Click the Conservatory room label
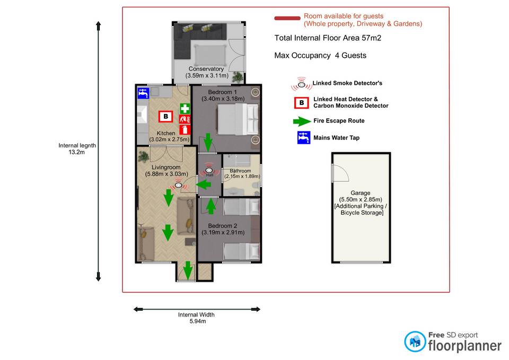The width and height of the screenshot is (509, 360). tap(207, 72)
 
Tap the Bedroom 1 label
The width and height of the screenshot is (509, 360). tap(223, 95)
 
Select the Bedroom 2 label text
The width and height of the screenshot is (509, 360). tap(223, 229)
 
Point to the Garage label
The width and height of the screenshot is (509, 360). tap(361, 203)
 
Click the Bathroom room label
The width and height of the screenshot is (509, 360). tap(242, 173)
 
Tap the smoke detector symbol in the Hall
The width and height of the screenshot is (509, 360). tap(209, 170)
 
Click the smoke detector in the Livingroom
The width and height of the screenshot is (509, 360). tap(178, 186)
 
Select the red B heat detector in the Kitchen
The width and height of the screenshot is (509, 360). tap(165, 117)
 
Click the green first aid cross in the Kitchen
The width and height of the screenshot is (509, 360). tap(185, 108)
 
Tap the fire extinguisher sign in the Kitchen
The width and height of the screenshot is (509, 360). tap(185, 130)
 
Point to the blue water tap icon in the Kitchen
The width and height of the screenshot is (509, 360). tap(143, 93)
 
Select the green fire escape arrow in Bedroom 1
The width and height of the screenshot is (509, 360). tap(208, 143)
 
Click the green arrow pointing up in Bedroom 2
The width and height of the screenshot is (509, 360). tap(211, 206)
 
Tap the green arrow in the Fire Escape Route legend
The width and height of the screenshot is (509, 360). tap(302, 121)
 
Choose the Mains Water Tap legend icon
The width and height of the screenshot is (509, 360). tap(304, 138)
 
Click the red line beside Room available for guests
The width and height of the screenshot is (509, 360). tap(287, 18)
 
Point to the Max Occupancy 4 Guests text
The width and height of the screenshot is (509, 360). tap(320, 56)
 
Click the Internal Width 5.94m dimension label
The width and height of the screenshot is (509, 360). tap(196, 318)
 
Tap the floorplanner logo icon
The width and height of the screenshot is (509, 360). tap(415, 341)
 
